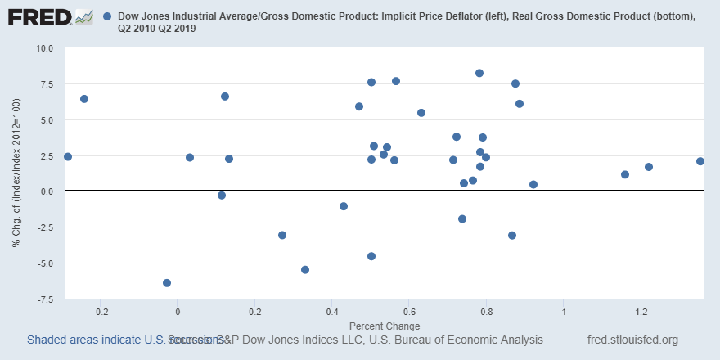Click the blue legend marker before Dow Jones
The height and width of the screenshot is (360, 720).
[110, 16]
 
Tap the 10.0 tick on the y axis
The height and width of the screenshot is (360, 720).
[42, 48]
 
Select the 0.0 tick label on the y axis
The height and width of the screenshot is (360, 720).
[45, 191]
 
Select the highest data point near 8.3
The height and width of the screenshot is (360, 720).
[479, 73]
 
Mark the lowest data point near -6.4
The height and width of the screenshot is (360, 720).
[167, 283]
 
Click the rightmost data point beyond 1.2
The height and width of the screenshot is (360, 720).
[700, 161]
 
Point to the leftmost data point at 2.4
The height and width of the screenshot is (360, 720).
[67, 156]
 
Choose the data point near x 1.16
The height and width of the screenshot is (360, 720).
[625, 174]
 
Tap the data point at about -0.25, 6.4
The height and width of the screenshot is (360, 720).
[83, 99]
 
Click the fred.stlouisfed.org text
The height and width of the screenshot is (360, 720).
[632, 340]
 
